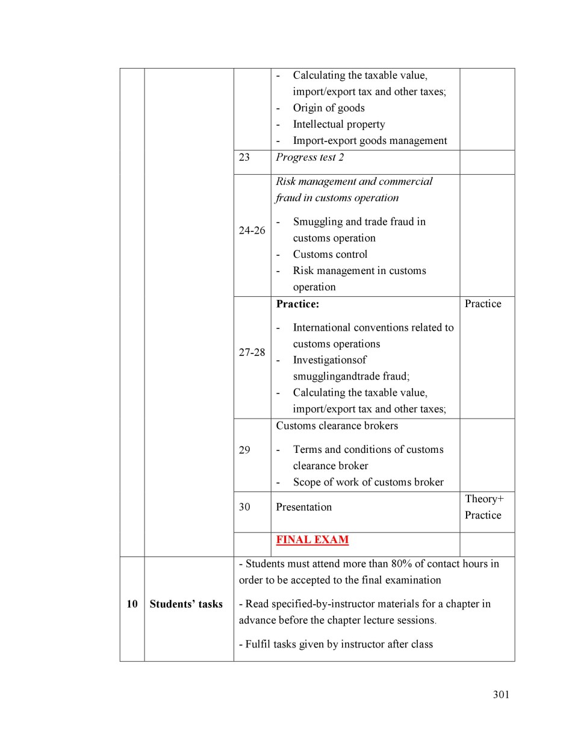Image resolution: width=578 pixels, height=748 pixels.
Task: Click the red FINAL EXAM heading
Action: tap(312, 540)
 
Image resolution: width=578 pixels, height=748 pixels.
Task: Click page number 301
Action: tap(501, 694)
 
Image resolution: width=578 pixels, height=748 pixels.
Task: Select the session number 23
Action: tap(244, 157)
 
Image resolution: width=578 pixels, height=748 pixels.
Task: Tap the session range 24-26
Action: tap(252, 230)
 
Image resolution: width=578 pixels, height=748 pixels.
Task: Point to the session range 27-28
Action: tap(252, 352)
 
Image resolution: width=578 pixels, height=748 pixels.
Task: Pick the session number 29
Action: tap(244, 450)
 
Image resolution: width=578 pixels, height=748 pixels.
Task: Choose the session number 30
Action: tap(244, 506)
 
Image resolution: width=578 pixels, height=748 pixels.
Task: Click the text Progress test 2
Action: tap(309, 157)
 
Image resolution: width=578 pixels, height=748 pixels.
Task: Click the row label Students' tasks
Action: tap(186, 604)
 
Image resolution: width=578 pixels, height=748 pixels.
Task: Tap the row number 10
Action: tap(132, 604)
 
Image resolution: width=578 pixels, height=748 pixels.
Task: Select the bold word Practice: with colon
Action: tap(297, 304)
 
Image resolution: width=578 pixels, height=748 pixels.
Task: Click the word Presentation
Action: tap(303, 507)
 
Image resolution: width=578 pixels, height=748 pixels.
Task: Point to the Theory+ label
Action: tap(484, 499)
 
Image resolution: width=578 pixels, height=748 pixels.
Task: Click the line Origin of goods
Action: tap(329, 108)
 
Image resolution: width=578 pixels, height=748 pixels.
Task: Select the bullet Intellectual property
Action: tap(338, 124)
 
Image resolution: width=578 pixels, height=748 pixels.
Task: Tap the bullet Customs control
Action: tap(330, 254)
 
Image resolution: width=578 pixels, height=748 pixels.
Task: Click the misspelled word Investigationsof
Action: tap(329, 360)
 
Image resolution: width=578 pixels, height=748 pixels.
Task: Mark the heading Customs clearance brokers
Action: tap(337, 426)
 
